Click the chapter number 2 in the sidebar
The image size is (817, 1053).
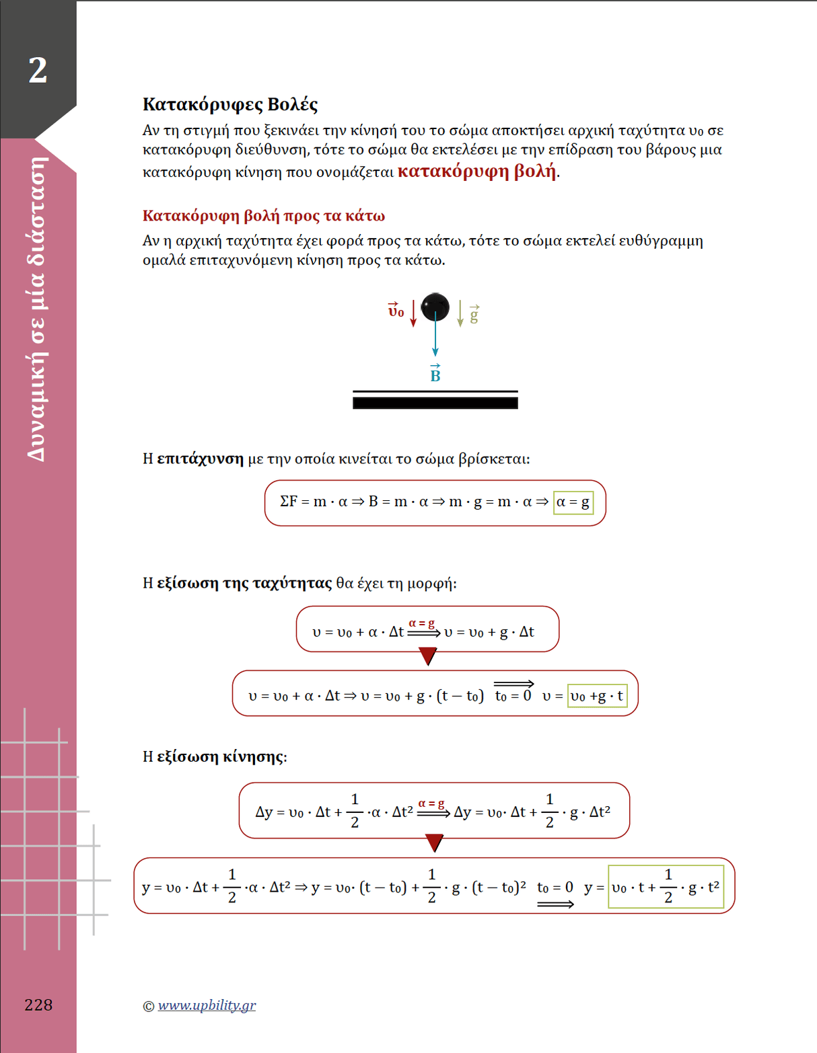pyautogui.click(x=38, y=70)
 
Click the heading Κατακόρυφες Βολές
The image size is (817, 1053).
pyautogui.click(x=229, y=104)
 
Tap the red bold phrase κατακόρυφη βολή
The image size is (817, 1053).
pyautogui.click(x=476, y=171)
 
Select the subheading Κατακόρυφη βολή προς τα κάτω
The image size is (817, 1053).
pyautogui.click(x=264, y=216)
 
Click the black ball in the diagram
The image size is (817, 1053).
pyautogui.click(x=435, y=307)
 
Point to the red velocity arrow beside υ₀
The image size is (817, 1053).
pyautogui.click(x=413, y=313)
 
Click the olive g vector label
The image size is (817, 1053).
pyautogui.click(x=474, y=314)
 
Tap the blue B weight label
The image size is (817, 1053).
pyautogui.click(x=435, y=375)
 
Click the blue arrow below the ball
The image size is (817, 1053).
pyautogui.click(x=435, y=340)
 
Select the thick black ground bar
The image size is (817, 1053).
pyautogui.click(x=435, y=403)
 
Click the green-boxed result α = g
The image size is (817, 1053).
pyautogui.click(x=573, y=502)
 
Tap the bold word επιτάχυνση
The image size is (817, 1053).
pyautogui.click(x=200, y=459)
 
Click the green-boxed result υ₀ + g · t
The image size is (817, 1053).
pyautogui.click(x=597, y=696)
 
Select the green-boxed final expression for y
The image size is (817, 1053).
pyautogui.click(x=666, y=887)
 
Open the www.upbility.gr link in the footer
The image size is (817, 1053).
pyautogui.click(x=207, y=1005)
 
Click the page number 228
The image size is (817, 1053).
pyautogui.click(x=38, y=1005)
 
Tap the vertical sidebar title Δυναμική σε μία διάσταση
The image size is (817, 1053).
pyautogui.click(x=38, y=309)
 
